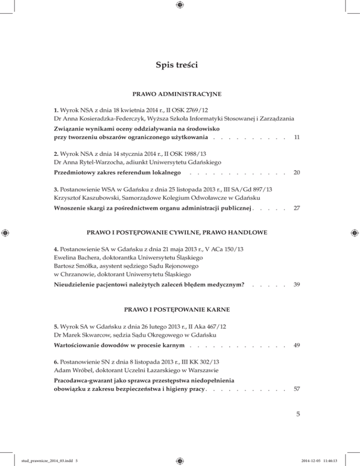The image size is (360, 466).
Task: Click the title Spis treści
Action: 180,65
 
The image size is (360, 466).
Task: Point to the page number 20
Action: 296,173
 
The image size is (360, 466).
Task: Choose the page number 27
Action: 296,208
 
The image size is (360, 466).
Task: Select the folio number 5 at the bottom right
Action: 297,414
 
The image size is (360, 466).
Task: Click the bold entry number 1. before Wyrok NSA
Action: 56,110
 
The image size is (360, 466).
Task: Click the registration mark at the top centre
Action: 180,5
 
